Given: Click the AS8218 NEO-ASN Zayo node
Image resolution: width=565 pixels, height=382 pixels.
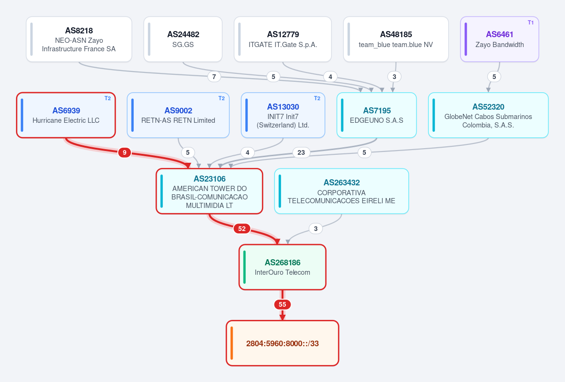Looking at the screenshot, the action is point(79,40).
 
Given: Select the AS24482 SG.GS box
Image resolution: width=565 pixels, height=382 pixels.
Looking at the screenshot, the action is point(183,40).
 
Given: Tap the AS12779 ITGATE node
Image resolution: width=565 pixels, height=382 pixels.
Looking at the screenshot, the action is point(282,40).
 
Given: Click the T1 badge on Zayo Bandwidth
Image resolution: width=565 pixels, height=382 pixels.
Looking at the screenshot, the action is point(531,23).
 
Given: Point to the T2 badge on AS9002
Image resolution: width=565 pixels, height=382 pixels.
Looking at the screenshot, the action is point(221,98).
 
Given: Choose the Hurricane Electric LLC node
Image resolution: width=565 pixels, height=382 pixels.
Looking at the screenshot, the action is point(66,115).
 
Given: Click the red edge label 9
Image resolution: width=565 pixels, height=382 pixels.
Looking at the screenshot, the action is point(124,152).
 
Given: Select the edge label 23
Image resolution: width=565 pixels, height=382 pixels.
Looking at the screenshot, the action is point(301,152).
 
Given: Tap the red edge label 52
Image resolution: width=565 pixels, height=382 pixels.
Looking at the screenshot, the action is point(242,229).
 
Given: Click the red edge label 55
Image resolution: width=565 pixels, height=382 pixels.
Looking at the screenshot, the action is point(282,304).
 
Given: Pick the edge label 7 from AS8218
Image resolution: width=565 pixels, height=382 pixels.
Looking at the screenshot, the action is point(214,77).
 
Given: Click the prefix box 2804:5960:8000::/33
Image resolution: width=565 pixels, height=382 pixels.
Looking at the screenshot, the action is point(282,343).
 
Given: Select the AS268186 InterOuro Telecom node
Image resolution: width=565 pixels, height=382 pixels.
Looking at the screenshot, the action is point(282,267).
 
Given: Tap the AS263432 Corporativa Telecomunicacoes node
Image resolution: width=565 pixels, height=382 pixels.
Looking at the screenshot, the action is point(341,191).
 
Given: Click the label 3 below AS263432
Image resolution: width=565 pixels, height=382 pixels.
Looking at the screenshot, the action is point(315,229).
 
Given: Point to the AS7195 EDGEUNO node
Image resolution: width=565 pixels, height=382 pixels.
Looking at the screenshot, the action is point(377,115).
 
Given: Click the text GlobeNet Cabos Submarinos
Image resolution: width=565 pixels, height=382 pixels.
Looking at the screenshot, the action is point(488,117).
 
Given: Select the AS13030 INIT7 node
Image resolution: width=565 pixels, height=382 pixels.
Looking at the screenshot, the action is point(283,115).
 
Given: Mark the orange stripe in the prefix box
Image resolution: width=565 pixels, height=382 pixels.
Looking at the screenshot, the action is point(232,343).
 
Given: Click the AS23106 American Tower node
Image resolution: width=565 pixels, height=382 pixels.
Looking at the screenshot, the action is point(210,191).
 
